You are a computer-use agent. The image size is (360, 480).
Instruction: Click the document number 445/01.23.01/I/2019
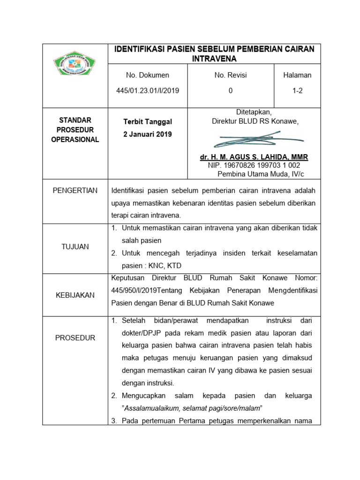148,91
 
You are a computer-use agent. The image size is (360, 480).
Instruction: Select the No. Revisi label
230,75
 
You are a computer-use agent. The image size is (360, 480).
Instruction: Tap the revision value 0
230,91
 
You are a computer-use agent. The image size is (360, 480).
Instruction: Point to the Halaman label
297,75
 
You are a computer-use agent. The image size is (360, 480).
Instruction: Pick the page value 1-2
297,91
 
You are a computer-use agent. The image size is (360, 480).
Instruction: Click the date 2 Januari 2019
148,134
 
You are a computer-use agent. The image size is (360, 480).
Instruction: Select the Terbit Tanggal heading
148,121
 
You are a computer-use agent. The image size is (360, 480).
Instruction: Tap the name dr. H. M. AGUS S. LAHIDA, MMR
254,157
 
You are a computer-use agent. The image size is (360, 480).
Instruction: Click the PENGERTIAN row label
75,190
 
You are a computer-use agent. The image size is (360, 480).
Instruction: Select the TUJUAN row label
75,247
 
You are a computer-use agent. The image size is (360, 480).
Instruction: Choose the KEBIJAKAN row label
75,295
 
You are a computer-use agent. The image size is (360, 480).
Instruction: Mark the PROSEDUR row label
75,337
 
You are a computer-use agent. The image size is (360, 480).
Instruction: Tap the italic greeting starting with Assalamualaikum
191,407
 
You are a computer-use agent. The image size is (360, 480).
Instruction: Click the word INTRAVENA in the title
214,59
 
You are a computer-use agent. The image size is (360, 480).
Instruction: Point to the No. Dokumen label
148,75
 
